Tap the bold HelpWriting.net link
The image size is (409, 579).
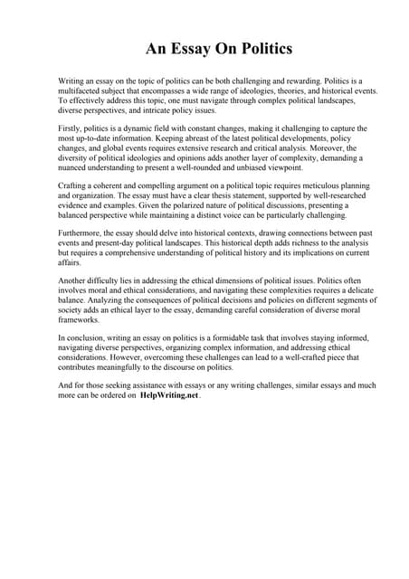coord(169,395)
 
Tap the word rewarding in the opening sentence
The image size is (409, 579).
coord(282,81)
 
